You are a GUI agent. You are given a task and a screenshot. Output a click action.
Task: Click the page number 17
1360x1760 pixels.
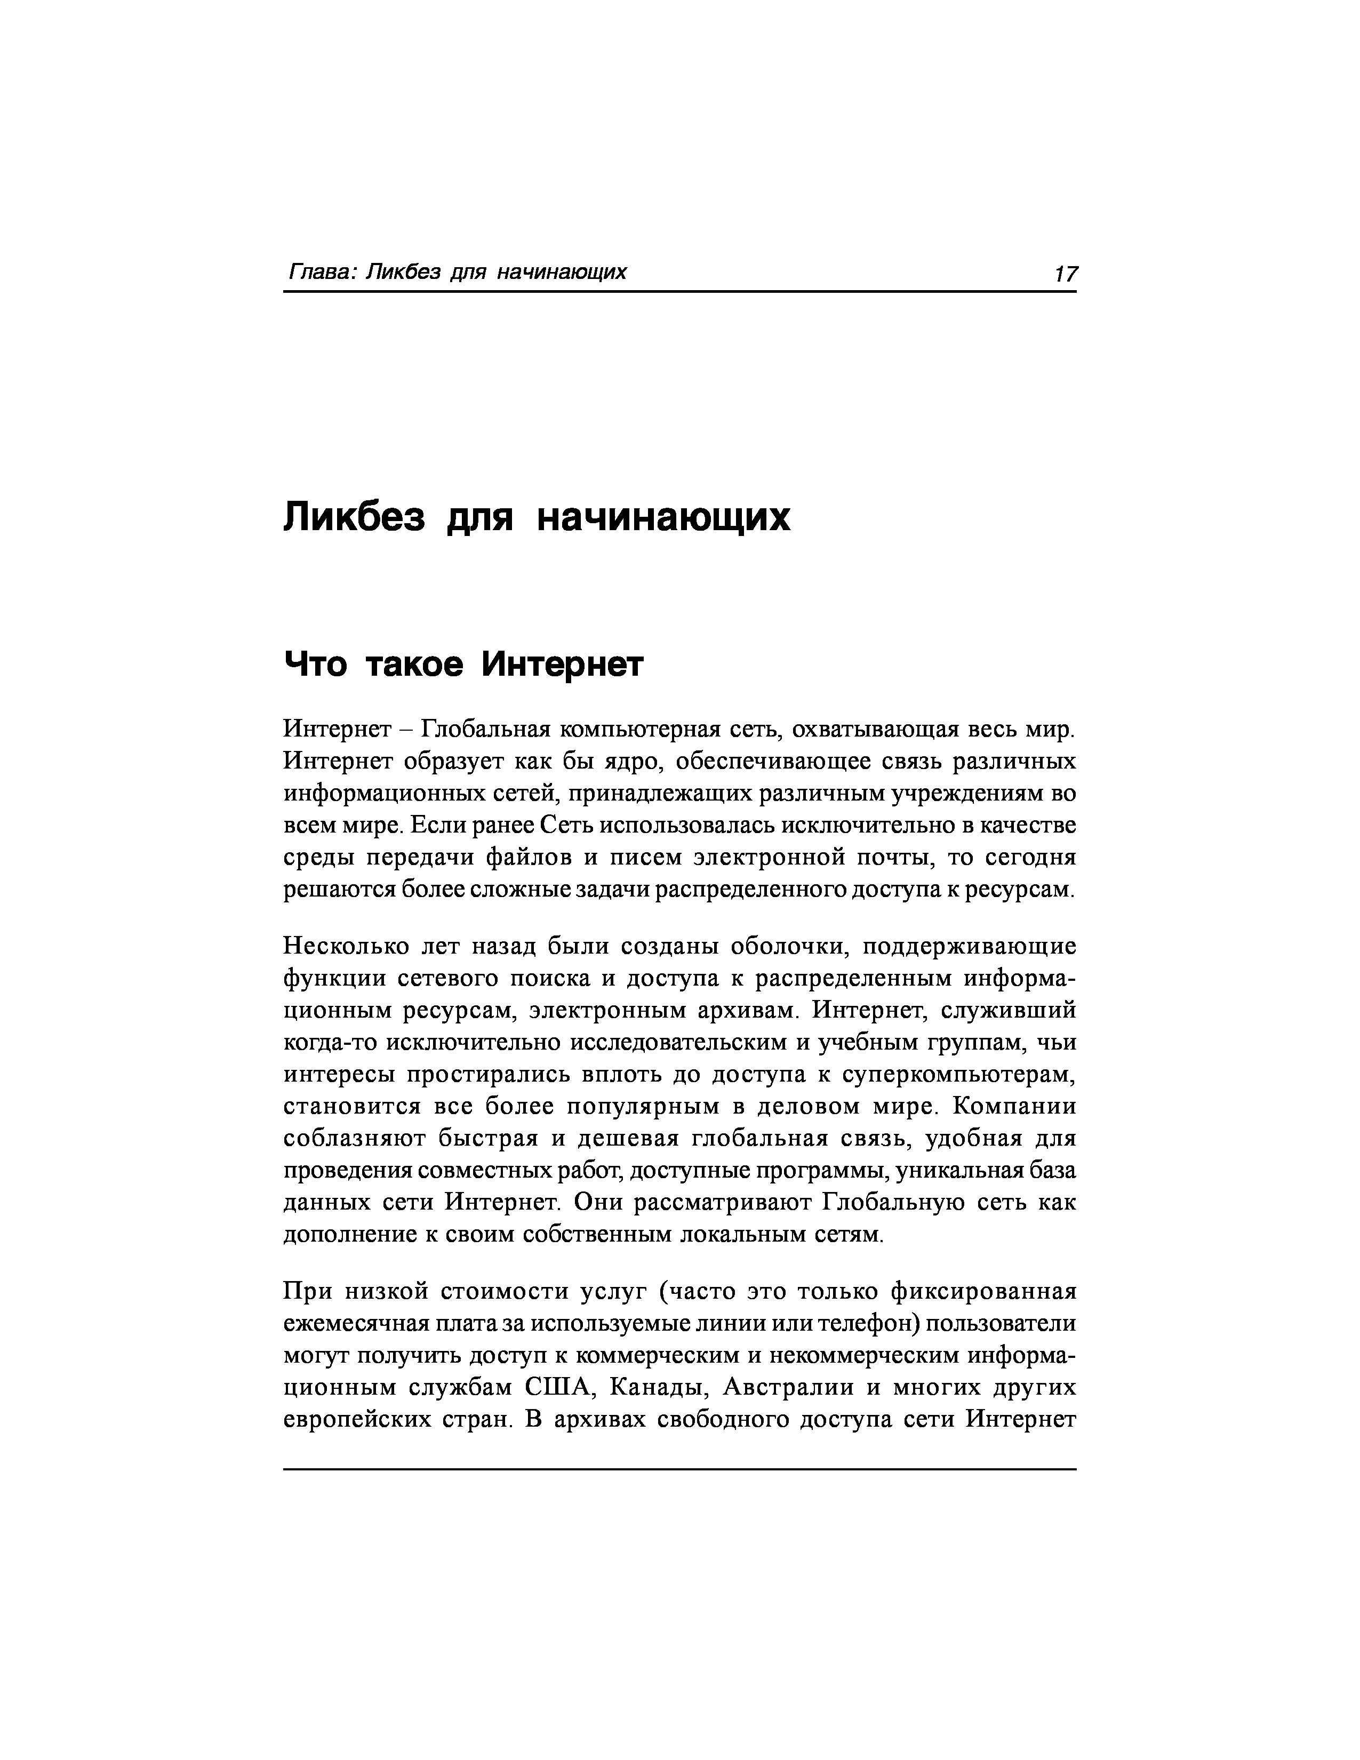click(1065, 274)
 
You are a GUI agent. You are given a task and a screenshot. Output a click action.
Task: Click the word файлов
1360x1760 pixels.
click(527, 858)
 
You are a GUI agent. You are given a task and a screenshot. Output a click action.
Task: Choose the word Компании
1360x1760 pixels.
click(1013, 1107)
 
